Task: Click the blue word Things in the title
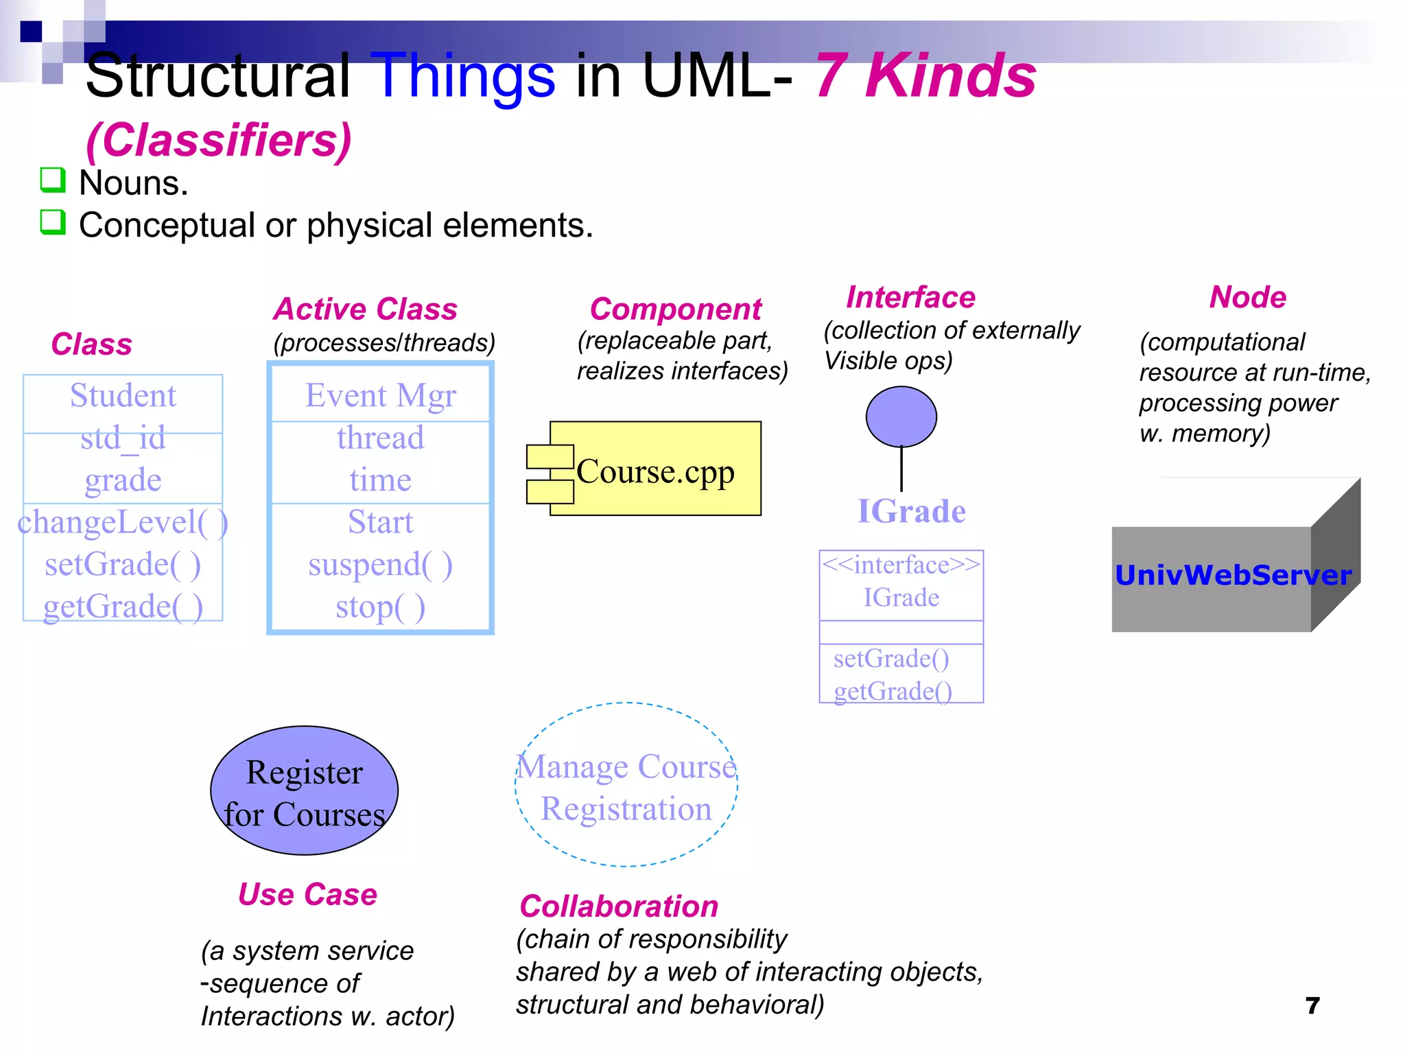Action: pos(466,77)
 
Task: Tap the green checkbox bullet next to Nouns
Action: pos(53,180)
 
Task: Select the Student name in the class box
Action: pos(123,396)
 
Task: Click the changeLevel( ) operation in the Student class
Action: pos(122,522)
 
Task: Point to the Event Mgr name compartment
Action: pos(380,396)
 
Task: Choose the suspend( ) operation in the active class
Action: pos(380,565)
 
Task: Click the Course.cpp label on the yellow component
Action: pos(655,471)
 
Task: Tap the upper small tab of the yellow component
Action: pos(550,456)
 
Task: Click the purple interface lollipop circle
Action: pos(901,417)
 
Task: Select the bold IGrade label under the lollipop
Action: pos(911,512)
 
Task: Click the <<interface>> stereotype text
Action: pos(901,565)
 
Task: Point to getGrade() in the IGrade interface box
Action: pos(893,691)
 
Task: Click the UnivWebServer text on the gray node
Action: pos(1233,575)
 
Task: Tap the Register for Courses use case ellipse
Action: pos(304,790)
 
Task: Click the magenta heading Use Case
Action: pos(307,895)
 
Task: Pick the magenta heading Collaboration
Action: pos(619,906)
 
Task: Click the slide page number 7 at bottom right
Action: pos(1312,1006)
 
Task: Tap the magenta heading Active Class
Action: pos(365,309)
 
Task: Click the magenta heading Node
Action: pos(1247,298)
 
